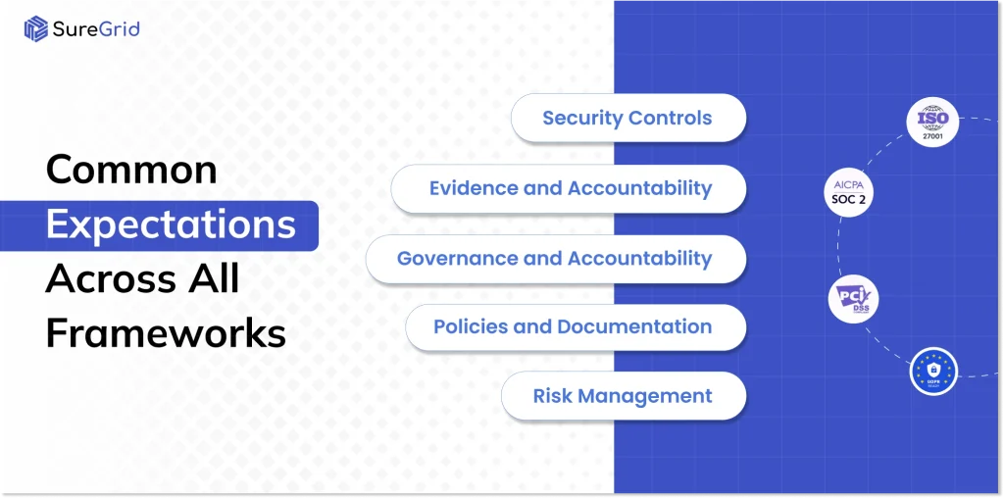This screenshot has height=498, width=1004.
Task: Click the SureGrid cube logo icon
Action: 36,28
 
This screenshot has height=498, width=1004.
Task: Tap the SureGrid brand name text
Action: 97,28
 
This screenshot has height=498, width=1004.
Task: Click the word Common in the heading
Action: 131,171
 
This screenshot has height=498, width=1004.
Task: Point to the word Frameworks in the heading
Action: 166,334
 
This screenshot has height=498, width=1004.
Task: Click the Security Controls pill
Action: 627,119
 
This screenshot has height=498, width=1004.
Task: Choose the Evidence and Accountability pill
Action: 569,188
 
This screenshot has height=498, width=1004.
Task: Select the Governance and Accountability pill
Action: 555,259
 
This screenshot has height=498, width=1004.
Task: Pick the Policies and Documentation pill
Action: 575,326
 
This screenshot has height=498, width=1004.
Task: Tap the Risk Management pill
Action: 623,396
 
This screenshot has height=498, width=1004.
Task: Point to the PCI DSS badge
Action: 853,299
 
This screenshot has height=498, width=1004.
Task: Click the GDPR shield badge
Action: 932,370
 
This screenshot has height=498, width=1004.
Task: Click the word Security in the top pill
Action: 581,119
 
